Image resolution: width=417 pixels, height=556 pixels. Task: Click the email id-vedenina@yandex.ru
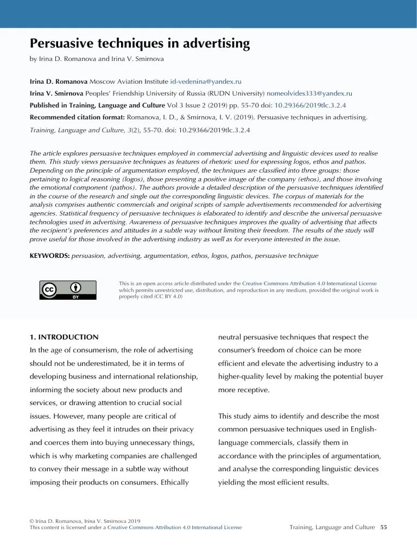(x=206, y=81)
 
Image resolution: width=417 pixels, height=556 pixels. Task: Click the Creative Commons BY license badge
(x=68, y=290)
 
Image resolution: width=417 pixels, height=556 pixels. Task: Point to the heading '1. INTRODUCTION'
(x=64, y=337)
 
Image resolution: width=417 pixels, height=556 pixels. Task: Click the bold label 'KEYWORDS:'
(x=49, y=255)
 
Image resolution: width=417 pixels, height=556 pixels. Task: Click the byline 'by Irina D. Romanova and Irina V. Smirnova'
(x=97, y=59)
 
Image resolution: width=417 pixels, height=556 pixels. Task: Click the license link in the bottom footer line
(x=175, y=527)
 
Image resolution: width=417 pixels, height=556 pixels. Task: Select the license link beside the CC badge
(x=309, y=283)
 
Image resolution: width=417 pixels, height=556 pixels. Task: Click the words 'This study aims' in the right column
(x=243, y=416)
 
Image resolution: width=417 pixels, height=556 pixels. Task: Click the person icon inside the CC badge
(x=77, y=287)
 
